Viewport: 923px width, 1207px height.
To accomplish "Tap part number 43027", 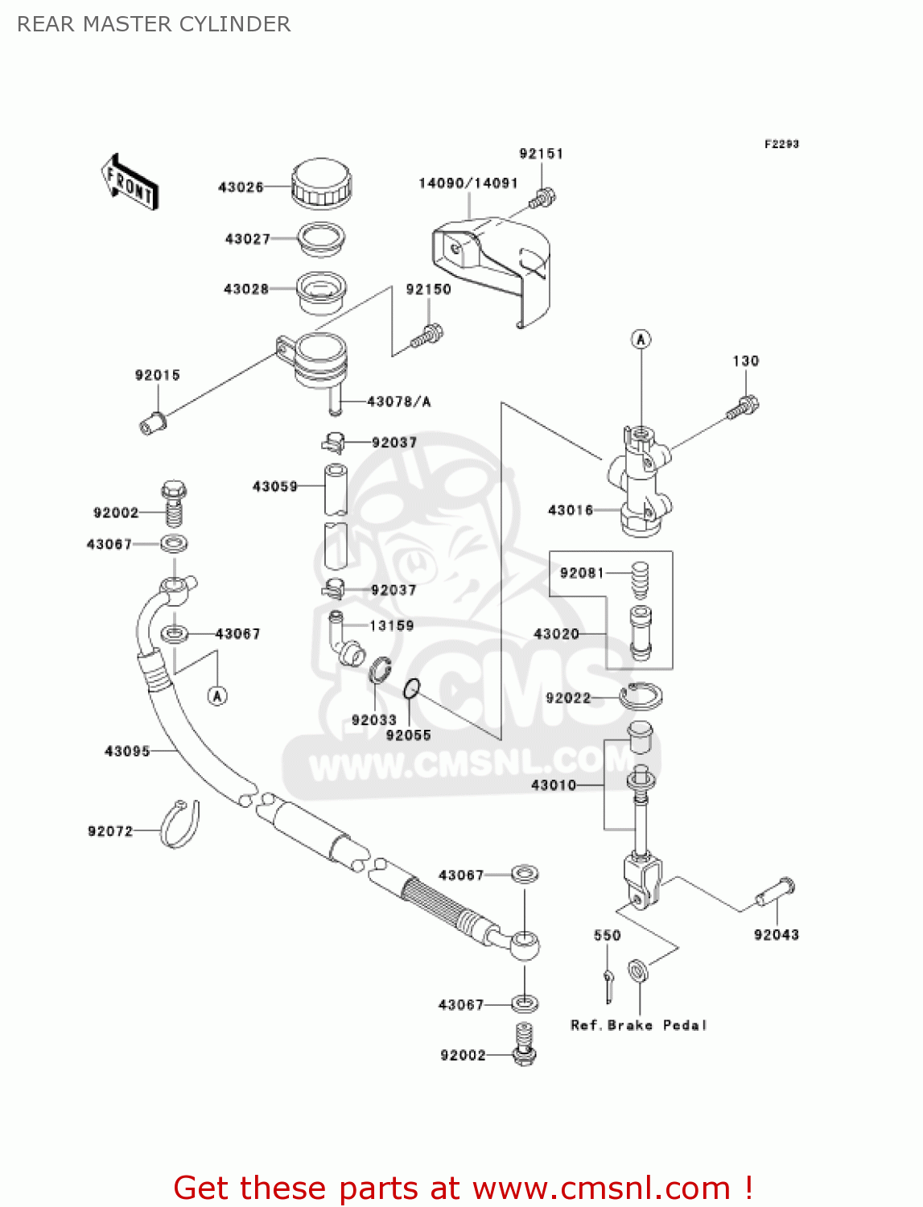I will coord(247,239).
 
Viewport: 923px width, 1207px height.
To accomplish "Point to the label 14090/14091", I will coord(468,183).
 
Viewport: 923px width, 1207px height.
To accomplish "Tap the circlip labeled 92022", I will coord(641,695).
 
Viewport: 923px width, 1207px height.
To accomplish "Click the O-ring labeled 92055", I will coord(411,689).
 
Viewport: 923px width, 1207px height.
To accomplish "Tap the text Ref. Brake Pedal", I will coord(638,1025).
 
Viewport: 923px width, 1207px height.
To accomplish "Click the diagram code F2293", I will coord(781,144).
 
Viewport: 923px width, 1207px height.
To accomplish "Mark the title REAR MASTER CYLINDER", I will coord(154,24).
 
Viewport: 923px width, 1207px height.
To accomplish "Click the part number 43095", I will coord(127,752).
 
